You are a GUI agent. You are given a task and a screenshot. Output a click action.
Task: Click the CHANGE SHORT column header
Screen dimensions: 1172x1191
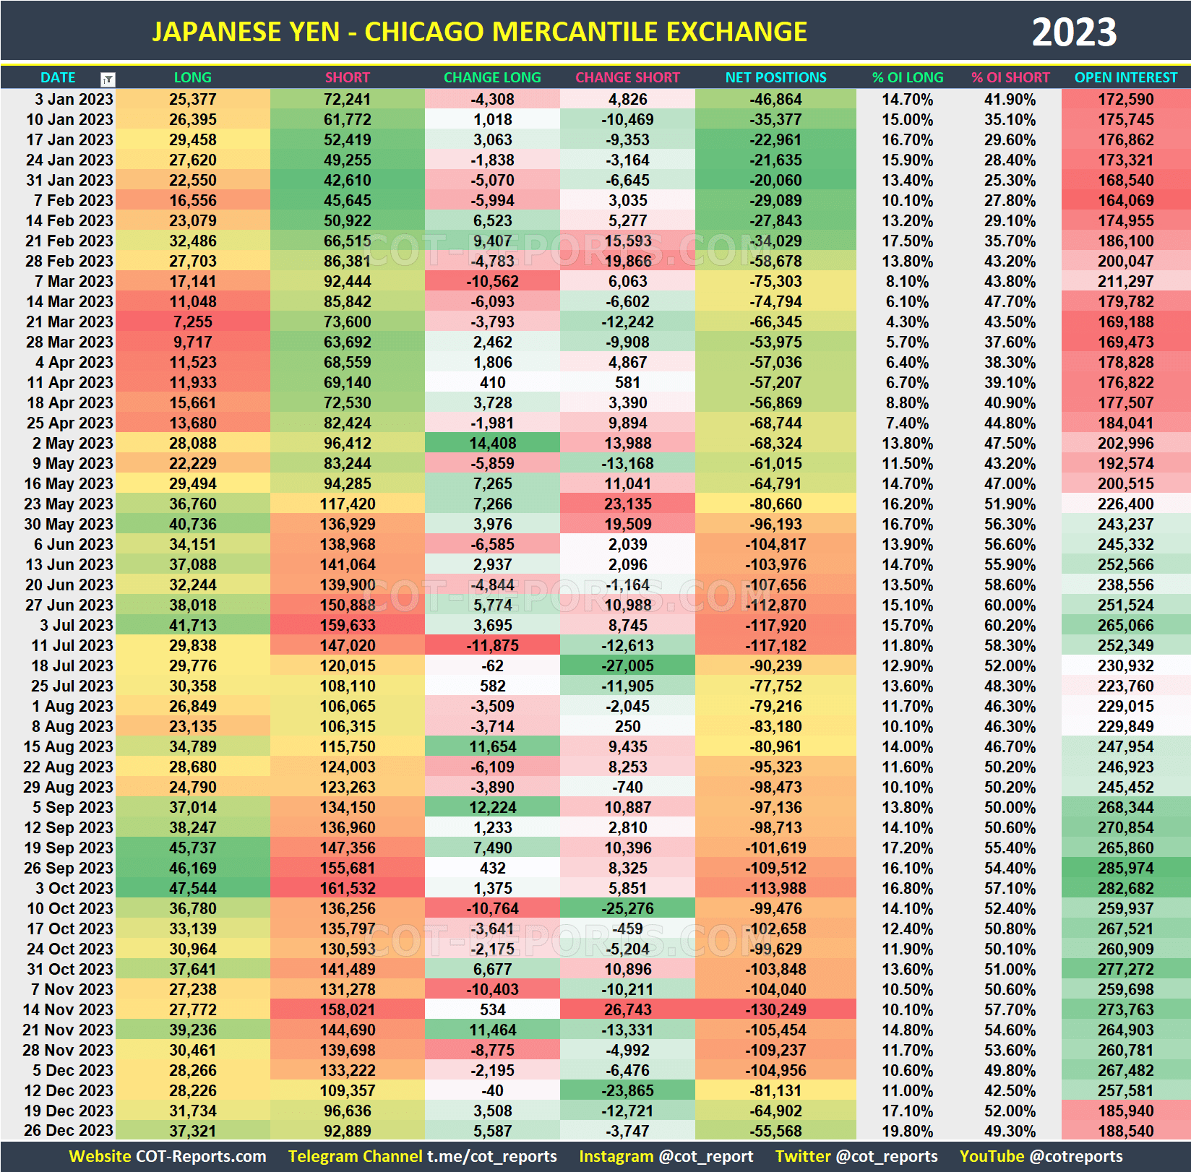pos(627,77)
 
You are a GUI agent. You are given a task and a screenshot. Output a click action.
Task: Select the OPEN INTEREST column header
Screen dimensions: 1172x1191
pos(1125,77)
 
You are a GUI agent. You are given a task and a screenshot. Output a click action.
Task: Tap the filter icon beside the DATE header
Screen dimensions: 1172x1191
pos(108,79)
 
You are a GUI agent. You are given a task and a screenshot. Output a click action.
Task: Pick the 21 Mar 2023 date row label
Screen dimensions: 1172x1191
pos(69,322)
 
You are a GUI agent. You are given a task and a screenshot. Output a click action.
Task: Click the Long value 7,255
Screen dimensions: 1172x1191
pos(192,322)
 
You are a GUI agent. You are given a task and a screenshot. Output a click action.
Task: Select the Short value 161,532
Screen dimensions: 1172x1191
pos(347,888)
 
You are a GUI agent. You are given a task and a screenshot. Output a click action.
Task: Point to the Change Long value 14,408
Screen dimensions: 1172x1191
pos(492,443)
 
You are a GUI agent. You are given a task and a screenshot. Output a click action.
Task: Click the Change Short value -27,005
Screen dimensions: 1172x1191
pos(627,665)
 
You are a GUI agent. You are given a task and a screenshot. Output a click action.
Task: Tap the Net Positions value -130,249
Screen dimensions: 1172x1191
pos(775,1009)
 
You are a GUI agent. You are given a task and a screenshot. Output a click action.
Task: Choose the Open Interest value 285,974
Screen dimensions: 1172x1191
pos(1125,868)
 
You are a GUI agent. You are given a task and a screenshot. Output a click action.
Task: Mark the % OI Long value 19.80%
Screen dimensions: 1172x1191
pos(907,1131)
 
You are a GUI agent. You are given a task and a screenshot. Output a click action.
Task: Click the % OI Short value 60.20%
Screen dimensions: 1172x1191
pos(1010,625)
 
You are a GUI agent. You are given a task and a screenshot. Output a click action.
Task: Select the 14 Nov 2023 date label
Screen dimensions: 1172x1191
pos(68,1009)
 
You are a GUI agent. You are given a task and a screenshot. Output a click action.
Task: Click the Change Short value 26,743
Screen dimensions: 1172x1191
pos(627,1009)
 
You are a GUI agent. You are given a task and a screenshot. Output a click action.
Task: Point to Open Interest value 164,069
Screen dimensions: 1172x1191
pos(1125,200)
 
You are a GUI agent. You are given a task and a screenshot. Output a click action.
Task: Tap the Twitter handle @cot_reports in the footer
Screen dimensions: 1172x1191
pos(886,1156)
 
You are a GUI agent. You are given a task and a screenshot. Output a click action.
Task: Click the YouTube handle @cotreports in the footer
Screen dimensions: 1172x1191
pos(1076,1156)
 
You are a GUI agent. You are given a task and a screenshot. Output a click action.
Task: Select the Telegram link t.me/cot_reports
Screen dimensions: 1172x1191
pos(491,1156)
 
